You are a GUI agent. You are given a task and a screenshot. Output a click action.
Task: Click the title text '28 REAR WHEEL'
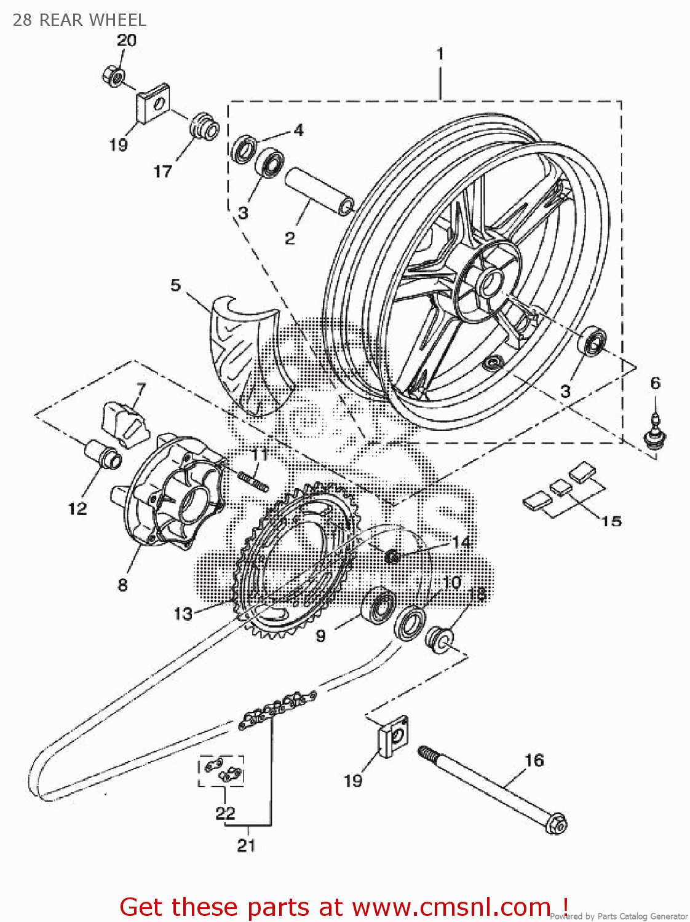click(x=79, y=20)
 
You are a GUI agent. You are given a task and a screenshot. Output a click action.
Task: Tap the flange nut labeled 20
click(x=113, y=76)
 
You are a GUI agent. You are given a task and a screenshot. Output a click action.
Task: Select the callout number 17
click(x=162, y=171)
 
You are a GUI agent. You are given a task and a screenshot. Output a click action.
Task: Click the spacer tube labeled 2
click(x=319, y=191)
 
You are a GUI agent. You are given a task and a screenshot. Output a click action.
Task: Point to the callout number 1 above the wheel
click(x=440, y=54)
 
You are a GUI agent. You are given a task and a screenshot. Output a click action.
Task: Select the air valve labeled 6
click(x=655, y=431)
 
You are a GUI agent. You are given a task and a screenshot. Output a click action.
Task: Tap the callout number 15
click(x=611, y=521)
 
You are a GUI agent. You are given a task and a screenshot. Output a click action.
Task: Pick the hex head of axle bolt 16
click(x=556, y=823)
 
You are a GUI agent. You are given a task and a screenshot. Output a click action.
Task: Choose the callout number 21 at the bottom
click(x=246, y=845)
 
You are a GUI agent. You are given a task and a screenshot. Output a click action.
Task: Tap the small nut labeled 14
click(x=392, y=557)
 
